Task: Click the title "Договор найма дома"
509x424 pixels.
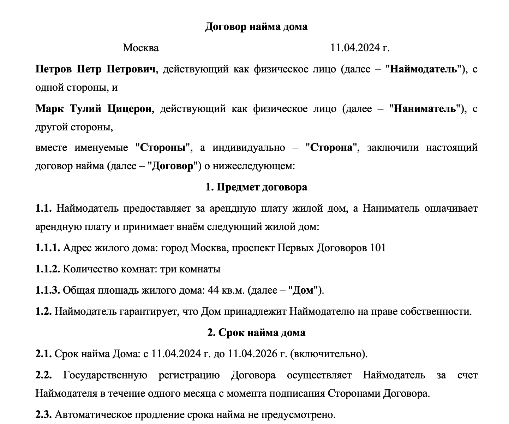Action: pyautogui.click(x=256, y=27)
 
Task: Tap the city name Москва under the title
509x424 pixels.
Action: pyautogui.click(x=140, y=48)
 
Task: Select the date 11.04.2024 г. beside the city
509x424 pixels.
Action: pyautogui.click(x=360, y=48)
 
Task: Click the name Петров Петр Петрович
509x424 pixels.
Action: pyautogui.click(x=95, y=69)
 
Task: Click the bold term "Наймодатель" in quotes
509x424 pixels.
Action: pyautogui.click(x=424, y=69)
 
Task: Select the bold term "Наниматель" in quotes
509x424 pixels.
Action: pyautogui.click(x=425, y=108)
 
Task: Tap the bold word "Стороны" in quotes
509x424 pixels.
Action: pyautogui.click(x=163, y=147)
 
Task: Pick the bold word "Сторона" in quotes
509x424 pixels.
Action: pyautogui.click(x=331, y=147)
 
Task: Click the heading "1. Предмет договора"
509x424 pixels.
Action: pyautogui.click(x=256, y=187)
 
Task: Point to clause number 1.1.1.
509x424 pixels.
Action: pyautogui.click(x=48, y=248)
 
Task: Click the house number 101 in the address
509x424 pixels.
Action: pyautogui.click(x=378, y=248)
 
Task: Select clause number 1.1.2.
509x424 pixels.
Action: pyautogui.click(x=48, y=269)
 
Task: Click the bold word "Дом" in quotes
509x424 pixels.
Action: pyautogui.click(x=303, y=290)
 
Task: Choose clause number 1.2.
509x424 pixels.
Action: pyautogui.click(x=44, y=312)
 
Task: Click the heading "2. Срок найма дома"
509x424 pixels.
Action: pyautogui.click(x=256, y=333)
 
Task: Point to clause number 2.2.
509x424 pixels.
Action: pyautogui.click(x=44, y=375)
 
